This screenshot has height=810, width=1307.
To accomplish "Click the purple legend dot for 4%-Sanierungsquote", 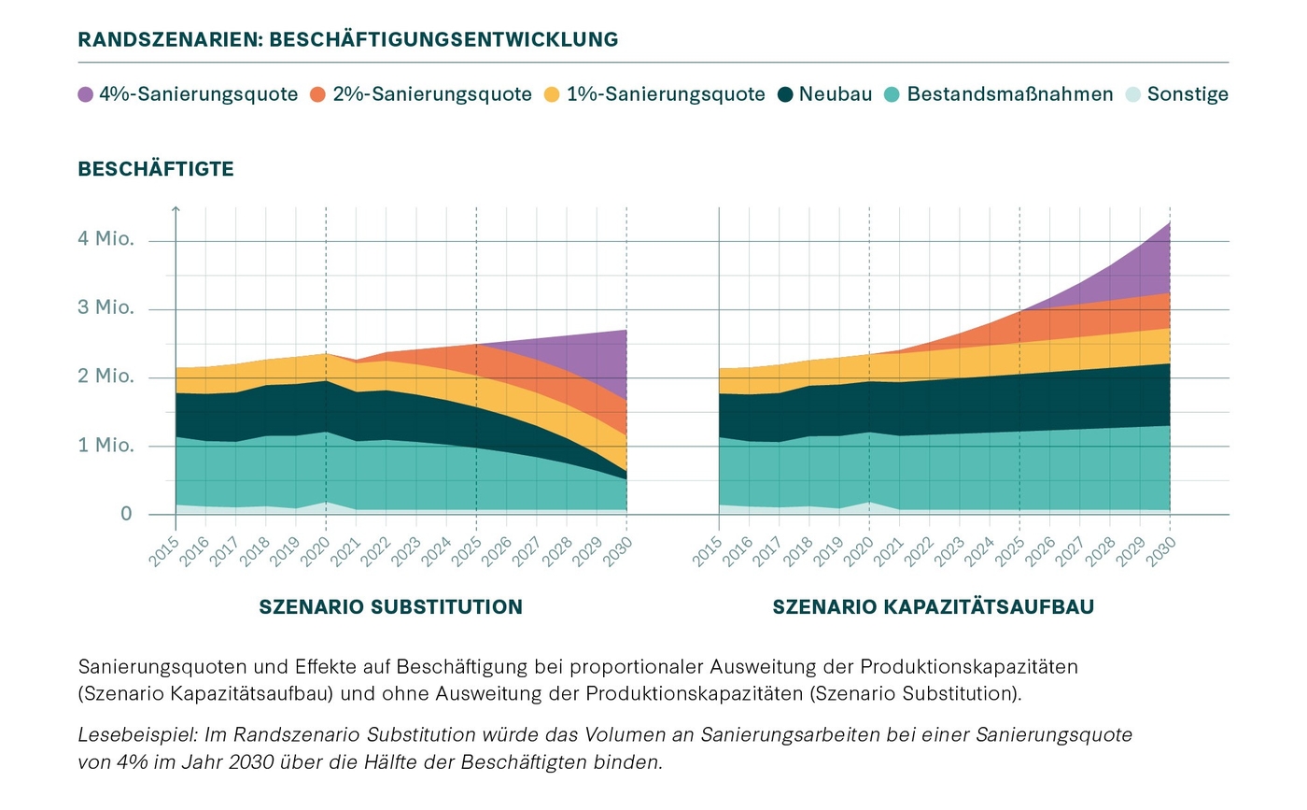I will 86,94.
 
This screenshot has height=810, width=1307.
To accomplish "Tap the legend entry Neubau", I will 836,94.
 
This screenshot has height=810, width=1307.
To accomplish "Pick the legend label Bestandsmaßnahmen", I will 1009,94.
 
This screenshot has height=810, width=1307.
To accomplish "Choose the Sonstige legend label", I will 1188,94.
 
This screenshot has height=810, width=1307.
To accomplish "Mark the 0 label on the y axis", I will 127,514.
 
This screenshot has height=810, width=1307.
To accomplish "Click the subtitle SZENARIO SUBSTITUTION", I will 390,607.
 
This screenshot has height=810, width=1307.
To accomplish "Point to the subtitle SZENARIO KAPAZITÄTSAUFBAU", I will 933,607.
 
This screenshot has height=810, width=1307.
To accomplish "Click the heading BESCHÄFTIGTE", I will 156,169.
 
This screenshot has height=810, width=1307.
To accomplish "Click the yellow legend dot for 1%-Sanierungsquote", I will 552,94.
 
